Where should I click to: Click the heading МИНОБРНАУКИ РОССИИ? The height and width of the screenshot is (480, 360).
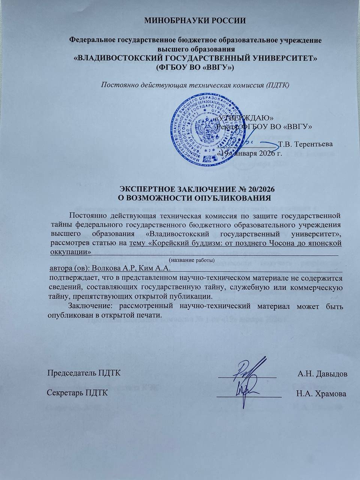pyautogui.click(x=195, y=21)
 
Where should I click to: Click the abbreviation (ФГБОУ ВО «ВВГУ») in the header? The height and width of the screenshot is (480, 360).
pyautogui.click(x=195, y=68)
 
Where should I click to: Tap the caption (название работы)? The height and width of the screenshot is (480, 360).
pyautogui.click(x=192, y=260)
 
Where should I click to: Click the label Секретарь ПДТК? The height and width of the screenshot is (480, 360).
pyautogui.click(x=78, y=393)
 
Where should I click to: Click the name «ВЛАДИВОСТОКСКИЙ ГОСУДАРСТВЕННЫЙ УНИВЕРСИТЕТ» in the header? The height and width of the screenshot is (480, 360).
pyautogui.click(x=195, y=59)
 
